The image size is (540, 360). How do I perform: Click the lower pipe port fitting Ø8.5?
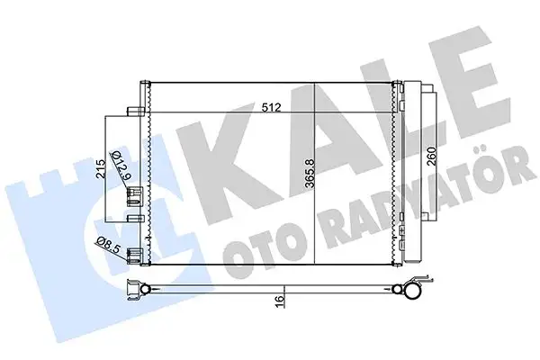click(x=135, y=255)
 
